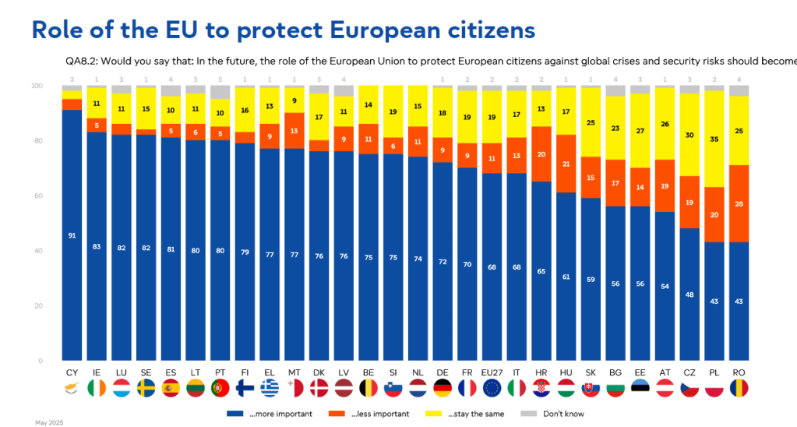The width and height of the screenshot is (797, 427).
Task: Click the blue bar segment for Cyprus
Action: (x=72, y=235)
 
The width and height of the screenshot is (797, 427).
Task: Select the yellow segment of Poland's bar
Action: (x=713, y=139)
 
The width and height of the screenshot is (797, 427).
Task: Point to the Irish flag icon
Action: (x=97, y=387)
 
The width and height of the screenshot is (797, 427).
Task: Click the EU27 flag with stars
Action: (x=492, y=387)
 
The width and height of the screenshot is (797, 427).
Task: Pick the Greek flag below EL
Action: (x=270, y=387)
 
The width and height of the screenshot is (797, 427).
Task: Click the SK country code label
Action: (x=591, y=372)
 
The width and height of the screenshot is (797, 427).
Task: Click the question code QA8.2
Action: (x=83, y=60)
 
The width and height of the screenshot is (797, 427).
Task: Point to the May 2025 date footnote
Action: (x=48, y=422)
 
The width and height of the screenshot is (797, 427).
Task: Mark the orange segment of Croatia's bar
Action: (x=541, y=154)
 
